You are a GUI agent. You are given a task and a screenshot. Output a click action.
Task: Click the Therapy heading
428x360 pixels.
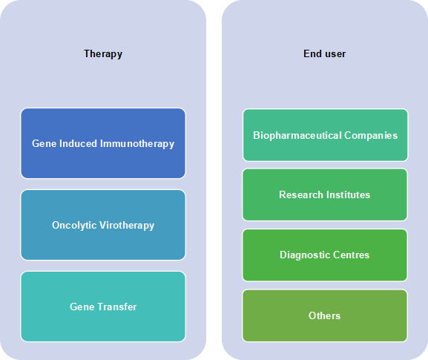click(103, 54)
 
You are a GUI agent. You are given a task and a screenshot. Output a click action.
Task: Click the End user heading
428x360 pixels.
click(325, 53)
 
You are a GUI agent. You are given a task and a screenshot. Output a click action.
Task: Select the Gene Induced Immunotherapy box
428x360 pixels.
click(103, 143)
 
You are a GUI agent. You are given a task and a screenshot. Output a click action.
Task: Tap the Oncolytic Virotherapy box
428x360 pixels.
click(103, 225)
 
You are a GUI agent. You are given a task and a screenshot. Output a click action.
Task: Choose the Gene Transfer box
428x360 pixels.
click(103, 307)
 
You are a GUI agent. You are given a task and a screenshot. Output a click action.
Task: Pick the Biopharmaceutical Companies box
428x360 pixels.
click(326, 135)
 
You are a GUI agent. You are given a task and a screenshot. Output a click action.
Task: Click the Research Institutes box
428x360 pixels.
click(325, 194)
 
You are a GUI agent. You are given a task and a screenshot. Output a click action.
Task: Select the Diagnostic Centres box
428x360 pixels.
click(325, 255)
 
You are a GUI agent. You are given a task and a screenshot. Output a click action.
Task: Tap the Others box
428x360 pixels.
click(325, 315)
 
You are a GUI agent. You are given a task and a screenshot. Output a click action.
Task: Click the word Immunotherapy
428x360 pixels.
click(137, 144)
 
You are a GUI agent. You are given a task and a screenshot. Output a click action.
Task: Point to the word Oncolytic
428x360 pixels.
click(74, 226)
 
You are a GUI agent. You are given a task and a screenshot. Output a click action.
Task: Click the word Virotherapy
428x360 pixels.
click(127, 226)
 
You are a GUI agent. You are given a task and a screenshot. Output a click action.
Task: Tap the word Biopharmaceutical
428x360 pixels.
click(297, 136)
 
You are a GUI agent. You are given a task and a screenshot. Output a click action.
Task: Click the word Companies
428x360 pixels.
click(371, 136)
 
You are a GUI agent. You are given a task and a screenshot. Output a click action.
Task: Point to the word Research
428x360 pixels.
click(301, 194)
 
